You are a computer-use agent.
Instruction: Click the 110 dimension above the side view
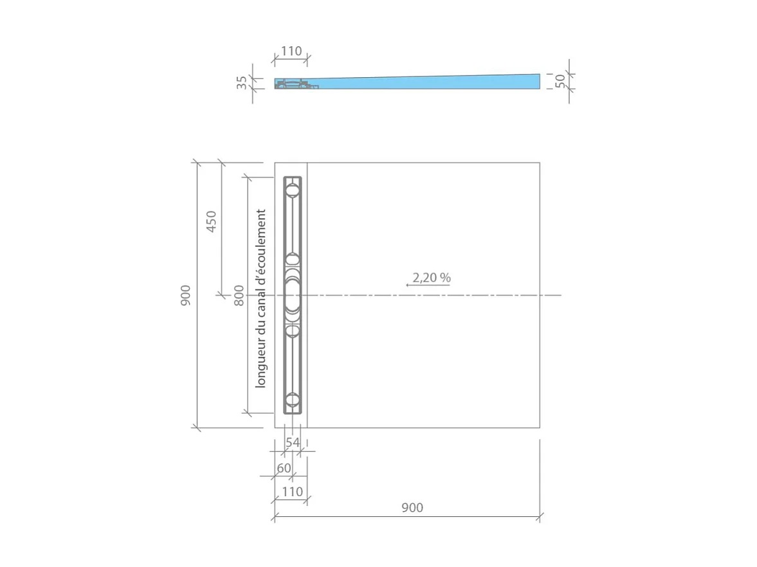tap(291, 51)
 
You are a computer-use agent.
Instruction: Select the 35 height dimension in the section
tap(242, 82)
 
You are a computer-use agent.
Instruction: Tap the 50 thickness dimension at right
tap(560, 81)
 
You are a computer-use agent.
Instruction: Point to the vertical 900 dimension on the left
tap(186, 295)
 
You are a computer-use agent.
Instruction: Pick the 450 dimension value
tap(212, 221)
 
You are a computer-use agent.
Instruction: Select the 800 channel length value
tap(239, 295)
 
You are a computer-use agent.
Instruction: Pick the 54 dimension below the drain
tap(293, 442)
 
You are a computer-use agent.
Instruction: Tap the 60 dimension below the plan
tap(284, 468)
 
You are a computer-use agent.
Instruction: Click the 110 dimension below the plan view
tap(292, 492)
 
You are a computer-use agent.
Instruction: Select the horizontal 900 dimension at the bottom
tap(412, 508)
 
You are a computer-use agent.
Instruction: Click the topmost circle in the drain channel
tap(293, 190)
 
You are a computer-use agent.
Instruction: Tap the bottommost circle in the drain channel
tap(293, 400)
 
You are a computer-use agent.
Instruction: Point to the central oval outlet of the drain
tap(293, 295)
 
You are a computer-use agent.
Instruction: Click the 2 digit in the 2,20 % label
tap(415, 278)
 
